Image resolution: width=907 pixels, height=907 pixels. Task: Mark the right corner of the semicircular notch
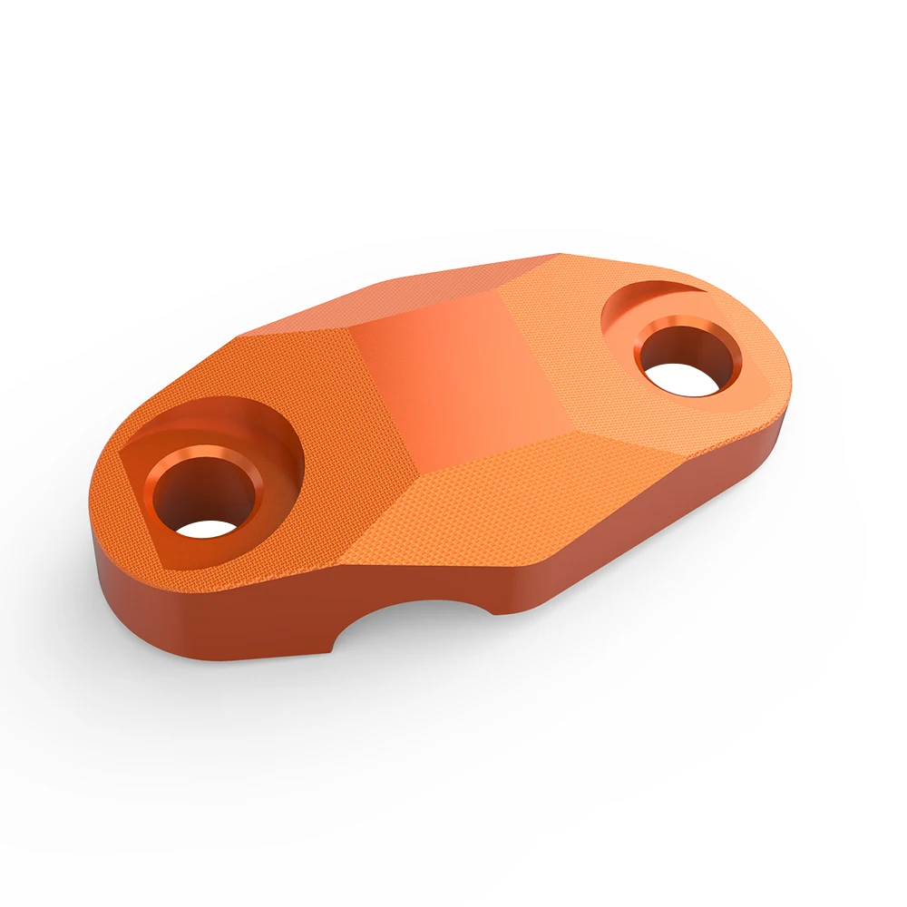(x=494, y=613)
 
